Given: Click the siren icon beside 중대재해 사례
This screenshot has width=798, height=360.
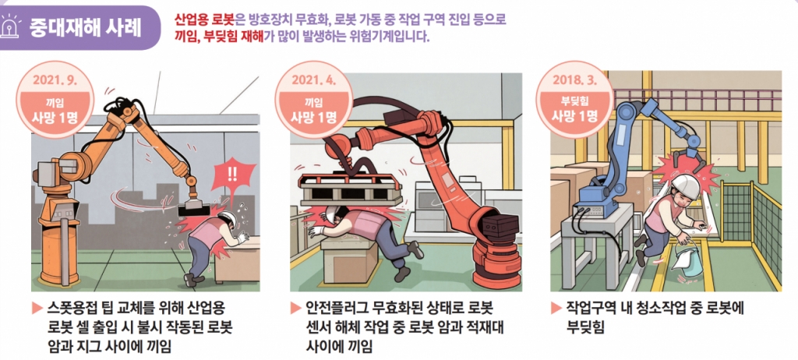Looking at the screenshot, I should click(x=13, y=27).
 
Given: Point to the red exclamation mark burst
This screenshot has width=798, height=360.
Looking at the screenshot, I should click(x=232, y=173).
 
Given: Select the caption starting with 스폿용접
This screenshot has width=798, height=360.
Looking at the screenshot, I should click(x=136, y=324).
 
